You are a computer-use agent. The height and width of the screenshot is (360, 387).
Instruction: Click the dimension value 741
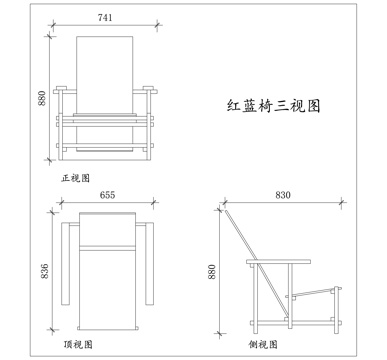pos(105,18)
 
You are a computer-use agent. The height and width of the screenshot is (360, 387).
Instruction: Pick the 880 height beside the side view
pos(212,273)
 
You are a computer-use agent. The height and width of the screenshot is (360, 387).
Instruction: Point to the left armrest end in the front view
pos(62,92)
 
